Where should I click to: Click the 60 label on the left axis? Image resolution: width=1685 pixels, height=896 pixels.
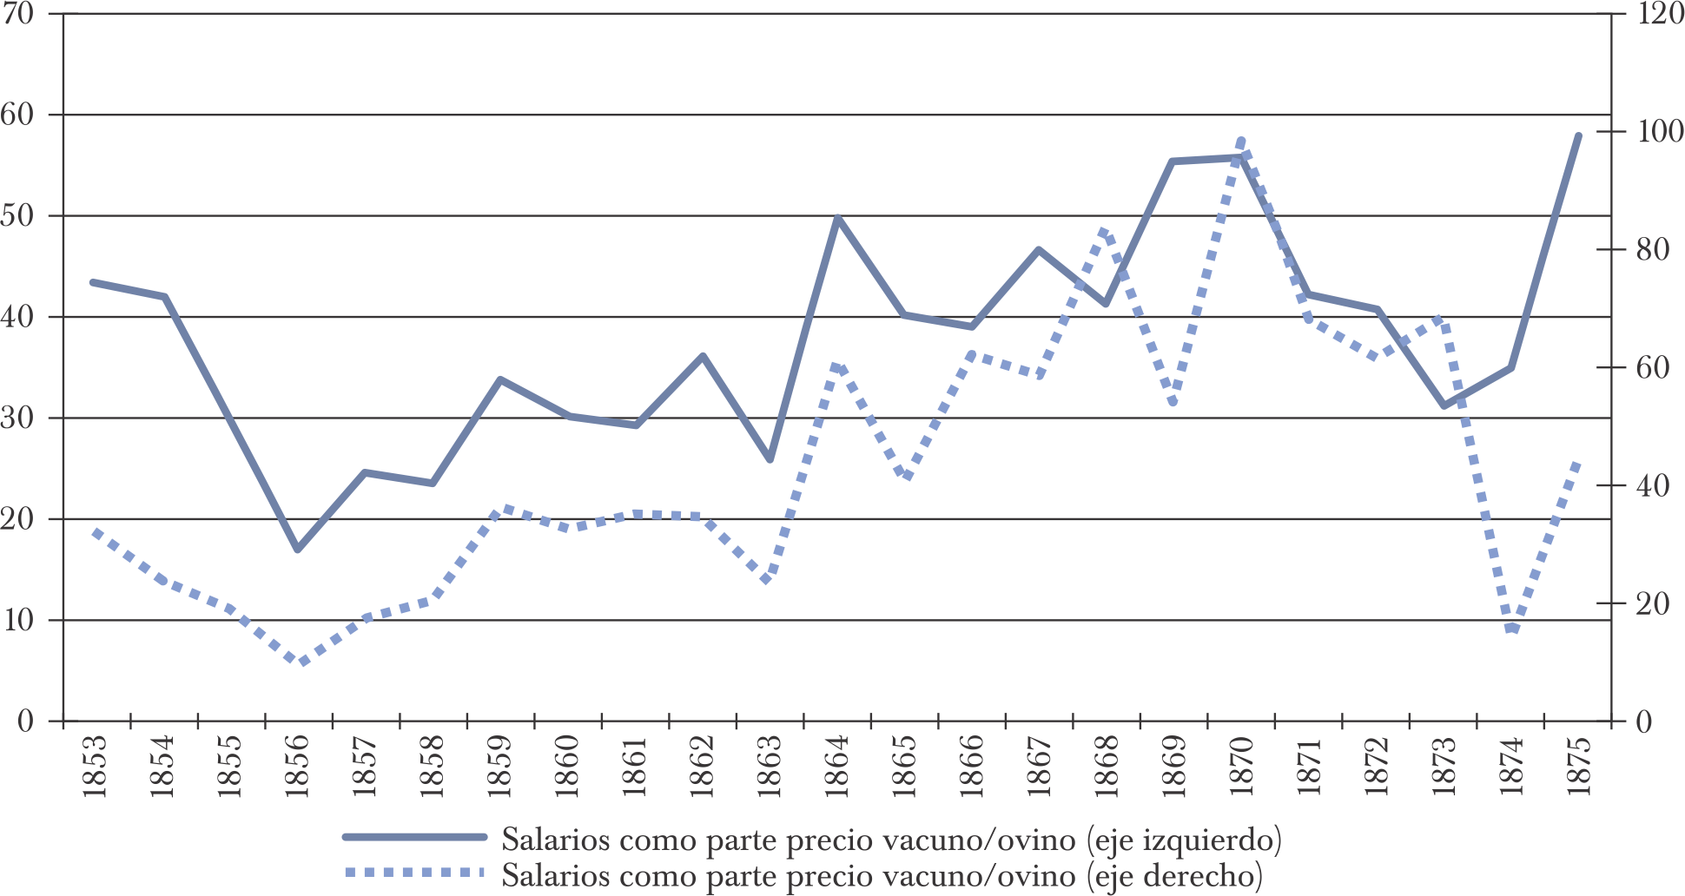coord(19,115)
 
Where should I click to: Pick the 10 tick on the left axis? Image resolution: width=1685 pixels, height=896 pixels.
coord(19,621)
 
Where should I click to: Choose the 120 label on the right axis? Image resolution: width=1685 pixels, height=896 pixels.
coord(1659,15)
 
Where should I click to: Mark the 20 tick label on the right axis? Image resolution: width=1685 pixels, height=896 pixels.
coord(1652,603)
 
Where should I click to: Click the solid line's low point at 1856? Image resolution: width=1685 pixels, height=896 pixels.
coord(297,550)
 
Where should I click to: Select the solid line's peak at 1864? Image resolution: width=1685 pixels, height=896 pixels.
coord(836,217)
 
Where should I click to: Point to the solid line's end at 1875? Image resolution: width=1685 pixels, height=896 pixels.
coord(1578,135)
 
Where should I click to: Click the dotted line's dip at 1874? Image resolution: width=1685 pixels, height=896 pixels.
coord(1512,629)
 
